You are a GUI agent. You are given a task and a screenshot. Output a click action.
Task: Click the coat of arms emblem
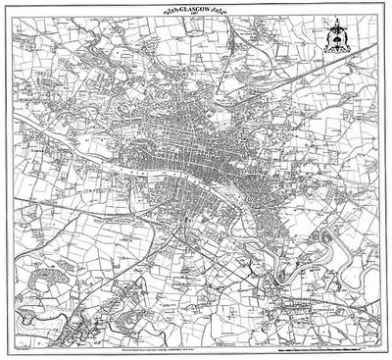click(x=344, y=43)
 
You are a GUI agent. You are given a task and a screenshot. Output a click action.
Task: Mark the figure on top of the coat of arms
click(x=344, y=26)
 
